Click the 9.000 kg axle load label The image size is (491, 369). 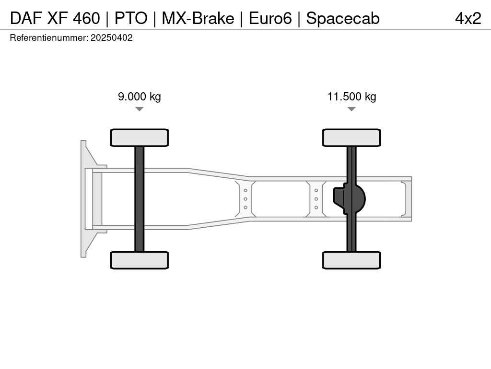click(140, 96)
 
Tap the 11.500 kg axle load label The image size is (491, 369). click(351, 96)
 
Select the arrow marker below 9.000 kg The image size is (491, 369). click(140, 109)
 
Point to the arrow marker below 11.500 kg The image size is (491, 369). click(351, 109)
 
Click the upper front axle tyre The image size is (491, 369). click(140, 137)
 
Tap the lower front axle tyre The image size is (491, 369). click(140, 260)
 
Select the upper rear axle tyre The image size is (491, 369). click(351, 137)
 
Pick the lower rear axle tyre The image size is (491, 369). click(351, 260)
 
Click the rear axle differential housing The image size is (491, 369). click(349, 199)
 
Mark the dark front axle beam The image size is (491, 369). click(140, 199)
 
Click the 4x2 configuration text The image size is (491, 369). click(468, 18)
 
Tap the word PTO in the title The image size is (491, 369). click(131, 18)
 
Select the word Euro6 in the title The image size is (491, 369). click(270, 18)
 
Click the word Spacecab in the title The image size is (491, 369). click(343, 18)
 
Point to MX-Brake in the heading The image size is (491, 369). click(198, 18)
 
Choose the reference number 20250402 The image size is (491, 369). click(111, 37)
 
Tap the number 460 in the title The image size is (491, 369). click(86, 18)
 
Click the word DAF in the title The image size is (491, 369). click(26, 18)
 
